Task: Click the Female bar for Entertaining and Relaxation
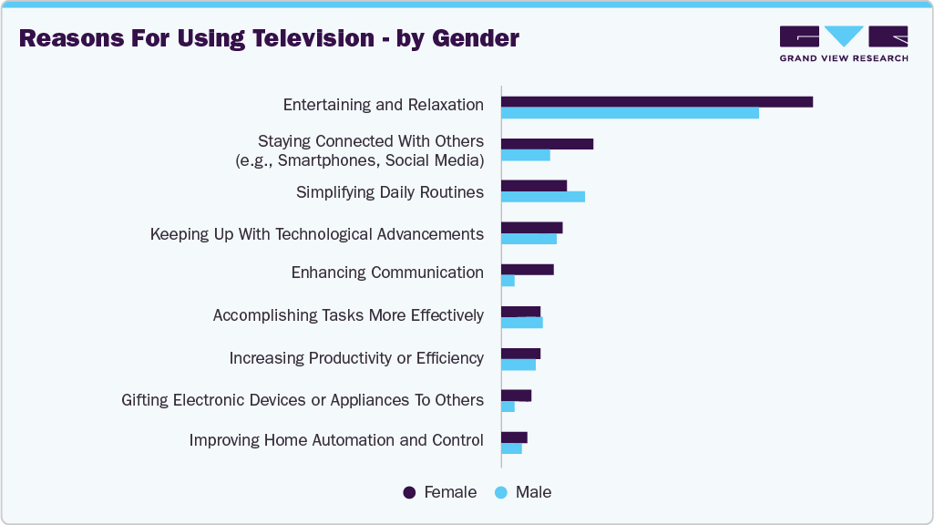656,102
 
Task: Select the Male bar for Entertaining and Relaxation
629,113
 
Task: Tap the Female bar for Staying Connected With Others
547,144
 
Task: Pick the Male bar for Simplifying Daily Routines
543,197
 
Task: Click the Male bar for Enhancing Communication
508,281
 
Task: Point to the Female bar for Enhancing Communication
528,270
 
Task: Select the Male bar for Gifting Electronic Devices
508,407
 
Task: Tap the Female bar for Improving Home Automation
515,437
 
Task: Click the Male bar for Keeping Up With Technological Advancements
529,239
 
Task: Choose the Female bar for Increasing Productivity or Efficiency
521,354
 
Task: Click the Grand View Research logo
843,44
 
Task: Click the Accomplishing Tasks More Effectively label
348,315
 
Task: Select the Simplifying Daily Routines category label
389,192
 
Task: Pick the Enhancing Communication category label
387,273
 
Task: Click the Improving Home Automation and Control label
336,440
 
